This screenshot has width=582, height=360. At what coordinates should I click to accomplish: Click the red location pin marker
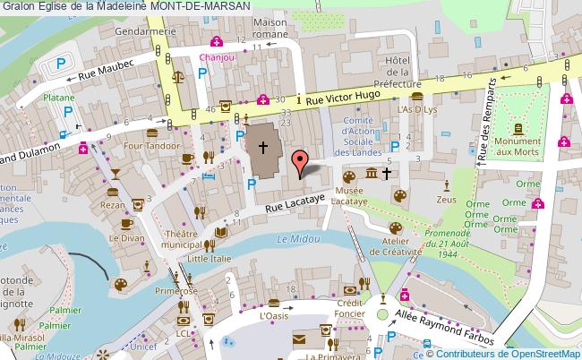click(302, 161)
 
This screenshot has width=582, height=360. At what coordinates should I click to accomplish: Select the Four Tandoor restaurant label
click(149, 145)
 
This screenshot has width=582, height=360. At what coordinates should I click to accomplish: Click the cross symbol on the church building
click(264, 147)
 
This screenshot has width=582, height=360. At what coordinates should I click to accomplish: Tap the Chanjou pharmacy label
click(216, 56)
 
